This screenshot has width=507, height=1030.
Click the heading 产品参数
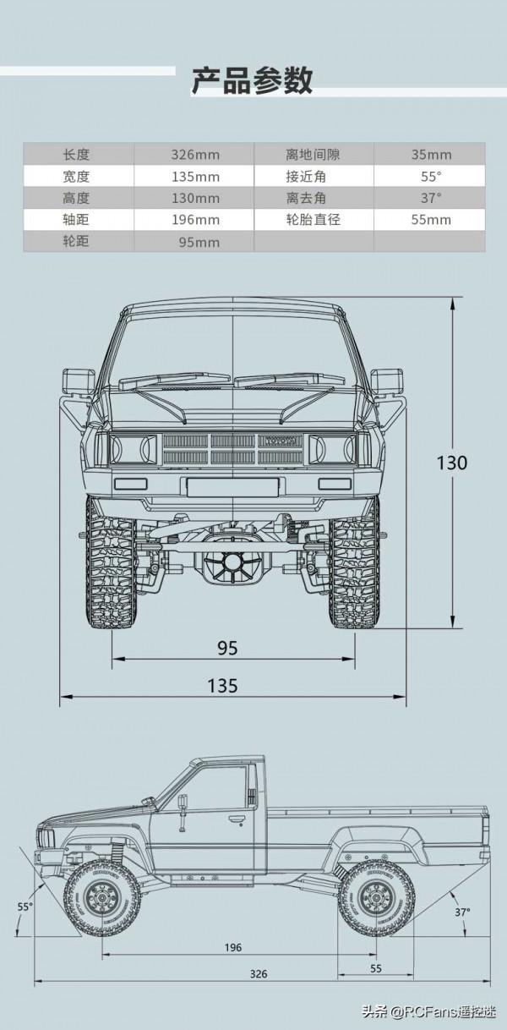252,80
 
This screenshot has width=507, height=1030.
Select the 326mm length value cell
194,155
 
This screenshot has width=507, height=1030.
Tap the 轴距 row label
75,220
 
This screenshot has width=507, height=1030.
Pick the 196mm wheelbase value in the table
194,220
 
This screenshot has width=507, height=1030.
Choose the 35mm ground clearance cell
431,155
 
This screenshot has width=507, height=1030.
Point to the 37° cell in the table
431,198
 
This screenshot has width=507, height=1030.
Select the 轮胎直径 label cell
313,220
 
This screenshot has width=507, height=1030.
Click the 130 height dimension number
452,463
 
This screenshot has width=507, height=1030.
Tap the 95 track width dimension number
227,649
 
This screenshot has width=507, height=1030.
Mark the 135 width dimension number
222,686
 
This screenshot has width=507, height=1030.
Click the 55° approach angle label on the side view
25,907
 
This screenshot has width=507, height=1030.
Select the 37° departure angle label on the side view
462,912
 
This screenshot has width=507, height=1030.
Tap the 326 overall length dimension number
259,973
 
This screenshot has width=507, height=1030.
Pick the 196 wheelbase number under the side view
233,948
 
